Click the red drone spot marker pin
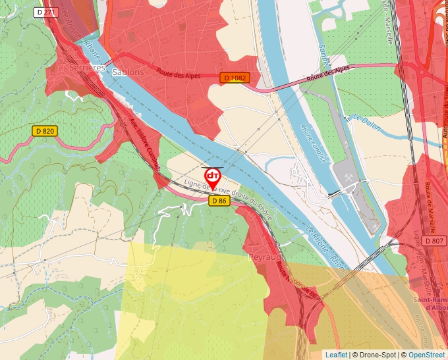[213, 177]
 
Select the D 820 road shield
[45, 131]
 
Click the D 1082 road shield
[235, 78]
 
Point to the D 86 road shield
[219, 201]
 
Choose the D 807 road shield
[434, 241]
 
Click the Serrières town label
[87, 68]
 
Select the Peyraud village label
[265, 257]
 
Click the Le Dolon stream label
[367, 123]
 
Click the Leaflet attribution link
[336, 355]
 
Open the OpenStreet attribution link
[426, 355]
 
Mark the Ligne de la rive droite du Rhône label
[227, 196]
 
